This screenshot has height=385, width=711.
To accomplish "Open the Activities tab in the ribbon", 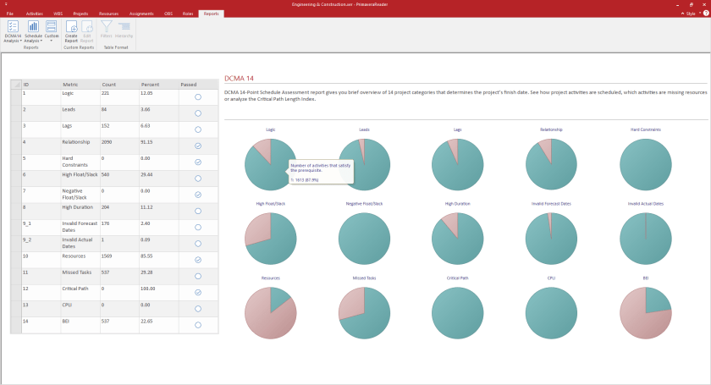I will [x=35, y=14].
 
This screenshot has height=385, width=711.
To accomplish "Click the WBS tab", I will [x=58, y=14].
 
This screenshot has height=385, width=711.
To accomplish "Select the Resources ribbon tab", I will [x=107, y=14].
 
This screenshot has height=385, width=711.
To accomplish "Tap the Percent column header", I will [x=150, y=85].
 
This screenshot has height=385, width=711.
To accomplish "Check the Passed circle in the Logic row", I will [x=198, y=97].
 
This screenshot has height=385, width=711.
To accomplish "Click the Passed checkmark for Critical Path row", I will [x=198, y=293].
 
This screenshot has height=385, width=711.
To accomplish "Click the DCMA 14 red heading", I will [x=239, y=77].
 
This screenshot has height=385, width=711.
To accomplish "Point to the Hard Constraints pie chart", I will [x=646, y=164].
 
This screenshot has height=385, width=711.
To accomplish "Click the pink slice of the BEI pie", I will [x=636, y=322].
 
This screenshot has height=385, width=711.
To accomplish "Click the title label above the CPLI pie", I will [x=551, y=278].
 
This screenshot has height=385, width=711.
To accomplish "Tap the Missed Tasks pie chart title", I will [x=364, y=278].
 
